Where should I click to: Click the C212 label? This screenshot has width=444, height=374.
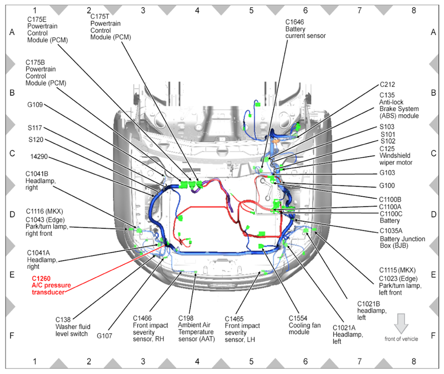coord(388,84)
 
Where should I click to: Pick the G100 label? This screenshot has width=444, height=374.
coord(388,186)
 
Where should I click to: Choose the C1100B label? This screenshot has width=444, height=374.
coord(390,199)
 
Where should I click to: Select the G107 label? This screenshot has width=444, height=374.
coord(105,335)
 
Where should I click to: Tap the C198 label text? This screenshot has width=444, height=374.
coord(187,318)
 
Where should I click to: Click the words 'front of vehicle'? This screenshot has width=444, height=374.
coord(401,338)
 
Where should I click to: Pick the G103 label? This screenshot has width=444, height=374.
coord(388,173)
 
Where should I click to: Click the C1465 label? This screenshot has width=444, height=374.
coord(235,318)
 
